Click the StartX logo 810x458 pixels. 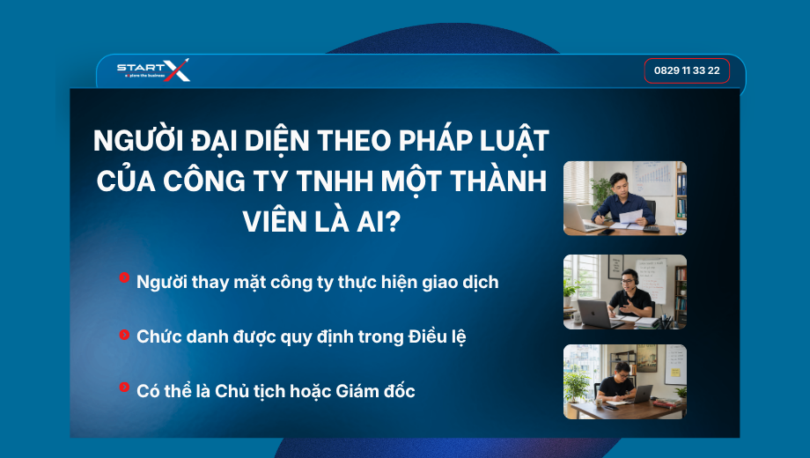153,70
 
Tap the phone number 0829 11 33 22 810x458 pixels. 687,70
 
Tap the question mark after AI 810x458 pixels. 394,222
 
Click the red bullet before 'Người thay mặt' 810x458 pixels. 124,277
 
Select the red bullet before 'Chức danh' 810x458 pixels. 124,335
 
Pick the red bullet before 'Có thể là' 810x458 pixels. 124,387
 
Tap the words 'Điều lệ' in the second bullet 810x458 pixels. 437,337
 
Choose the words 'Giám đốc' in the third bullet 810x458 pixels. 376,391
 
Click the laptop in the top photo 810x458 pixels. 579,218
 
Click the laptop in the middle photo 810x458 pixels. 593,314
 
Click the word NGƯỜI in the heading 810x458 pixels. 138,141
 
